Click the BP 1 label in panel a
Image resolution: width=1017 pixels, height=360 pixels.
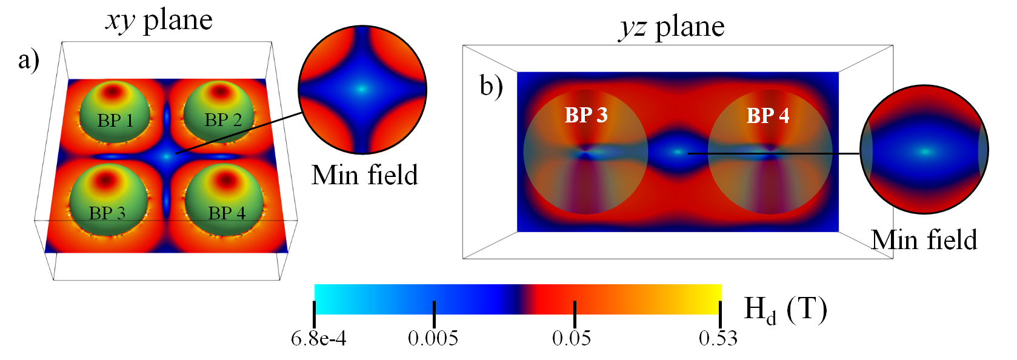click(x=115, y=120)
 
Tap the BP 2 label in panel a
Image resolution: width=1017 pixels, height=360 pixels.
click(x=223, y=120)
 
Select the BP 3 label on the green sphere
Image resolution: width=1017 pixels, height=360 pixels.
click(x=107, y=213)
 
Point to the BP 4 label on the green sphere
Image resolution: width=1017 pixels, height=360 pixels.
click(x=227, y=213)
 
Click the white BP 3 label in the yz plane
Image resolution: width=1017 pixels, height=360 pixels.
click(x=586, y=115)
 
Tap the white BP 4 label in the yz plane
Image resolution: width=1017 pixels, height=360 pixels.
click(x=768, y=115)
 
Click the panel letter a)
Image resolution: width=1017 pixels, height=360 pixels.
click(x=28, y=61)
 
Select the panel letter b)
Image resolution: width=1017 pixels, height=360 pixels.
click(x=492, y=86)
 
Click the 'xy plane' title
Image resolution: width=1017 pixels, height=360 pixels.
click(x=159, y=21)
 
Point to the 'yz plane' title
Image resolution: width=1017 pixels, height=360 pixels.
click(x=672, y=27)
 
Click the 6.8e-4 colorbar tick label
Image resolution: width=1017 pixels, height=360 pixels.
click(x=318, y=339)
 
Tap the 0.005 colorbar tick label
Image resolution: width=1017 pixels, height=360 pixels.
click(x=433, y=339)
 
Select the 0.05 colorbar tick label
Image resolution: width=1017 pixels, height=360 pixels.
click(x=572, y=339)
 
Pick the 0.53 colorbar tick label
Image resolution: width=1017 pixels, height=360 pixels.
click(x=718, y=339)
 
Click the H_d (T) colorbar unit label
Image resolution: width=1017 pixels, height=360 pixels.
click(x=785, y=310)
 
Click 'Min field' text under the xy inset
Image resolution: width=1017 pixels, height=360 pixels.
click(x=364, y=175)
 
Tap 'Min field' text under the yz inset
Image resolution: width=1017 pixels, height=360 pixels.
click(x=924, y=240)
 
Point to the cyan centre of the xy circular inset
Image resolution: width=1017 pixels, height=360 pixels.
click(x=362, y=89)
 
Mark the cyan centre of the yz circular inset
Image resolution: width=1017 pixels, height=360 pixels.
click(x=925, y=151)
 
